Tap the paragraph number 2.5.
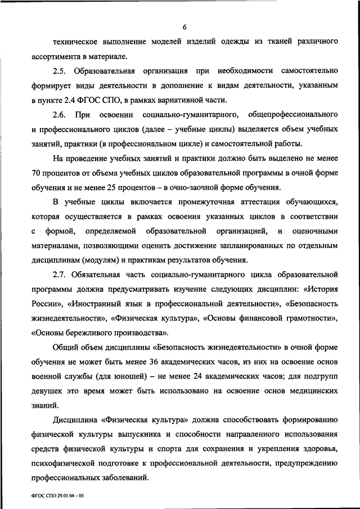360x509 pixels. (x=60, y=71)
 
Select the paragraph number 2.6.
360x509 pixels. (x=60, y=115)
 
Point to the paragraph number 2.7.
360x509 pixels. (x=60, y=275)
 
